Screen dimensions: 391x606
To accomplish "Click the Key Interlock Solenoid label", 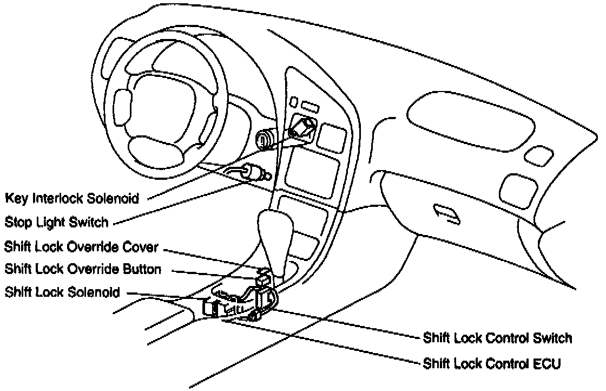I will [71, 198].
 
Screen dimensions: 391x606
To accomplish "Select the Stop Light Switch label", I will [57, 222].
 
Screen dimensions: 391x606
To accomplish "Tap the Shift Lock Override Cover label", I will [81, 247].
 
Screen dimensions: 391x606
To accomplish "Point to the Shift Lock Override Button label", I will [83, 269].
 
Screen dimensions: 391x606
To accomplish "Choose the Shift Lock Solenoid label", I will [62, 292].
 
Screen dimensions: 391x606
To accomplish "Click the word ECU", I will [547, 362].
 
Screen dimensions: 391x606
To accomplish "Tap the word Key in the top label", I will [17, 198].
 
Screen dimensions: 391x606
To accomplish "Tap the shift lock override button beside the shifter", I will [264, 280].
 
